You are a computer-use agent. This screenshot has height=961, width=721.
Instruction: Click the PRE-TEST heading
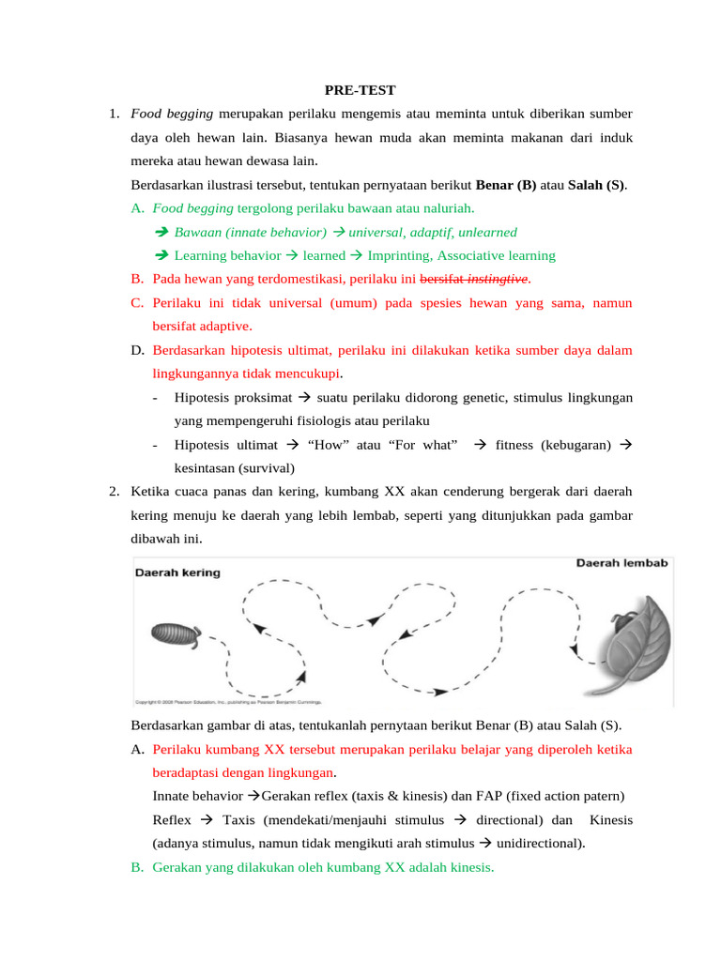coord(360,90)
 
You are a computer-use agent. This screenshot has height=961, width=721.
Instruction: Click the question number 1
coord(113,114)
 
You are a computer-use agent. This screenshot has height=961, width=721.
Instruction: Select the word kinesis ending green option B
coord(468,868)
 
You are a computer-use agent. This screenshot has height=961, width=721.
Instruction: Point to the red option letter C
coord(137,303)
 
